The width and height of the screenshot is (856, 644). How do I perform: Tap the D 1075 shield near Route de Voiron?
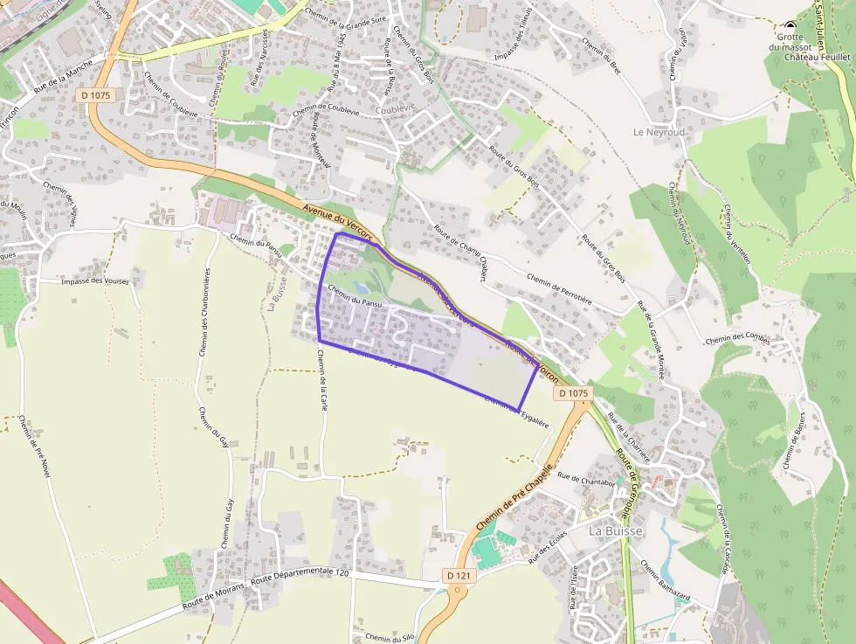click(572, 394)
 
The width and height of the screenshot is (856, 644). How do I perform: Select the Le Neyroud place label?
click(659, 132)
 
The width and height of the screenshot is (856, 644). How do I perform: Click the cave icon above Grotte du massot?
click(790, 25)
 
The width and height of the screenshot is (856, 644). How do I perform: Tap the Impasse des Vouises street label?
click(96, 281)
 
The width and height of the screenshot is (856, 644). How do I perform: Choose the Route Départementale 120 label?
click(300, 578)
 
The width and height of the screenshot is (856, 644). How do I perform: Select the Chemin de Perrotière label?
click(559, 289)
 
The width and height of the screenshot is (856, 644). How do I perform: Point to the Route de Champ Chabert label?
click(458, 253)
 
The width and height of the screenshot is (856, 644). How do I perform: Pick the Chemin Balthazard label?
click(665, 581)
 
